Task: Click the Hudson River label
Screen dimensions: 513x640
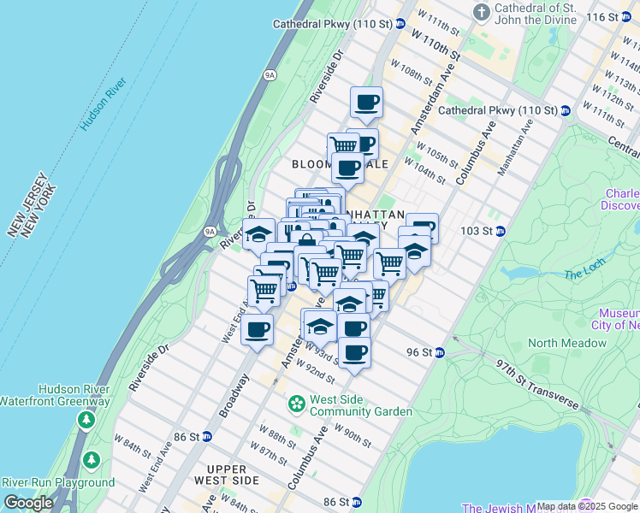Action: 104,103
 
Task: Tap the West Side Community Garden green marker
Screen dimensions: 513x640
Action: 297,403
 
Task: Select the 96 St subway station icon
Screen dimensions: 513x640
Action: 440,352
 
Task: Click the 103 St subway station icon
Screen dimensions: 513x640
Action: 501,231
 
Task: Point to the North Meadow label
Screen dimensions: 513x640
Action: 567,343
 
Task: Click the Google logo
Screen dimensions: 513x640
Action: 27,503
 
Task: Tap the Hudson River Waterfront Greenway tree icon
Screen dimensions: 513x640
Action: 86,420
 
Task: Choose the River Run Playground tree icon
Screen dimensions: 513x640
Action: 91,462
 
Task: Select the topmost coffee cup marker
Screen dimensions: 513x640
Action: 366,103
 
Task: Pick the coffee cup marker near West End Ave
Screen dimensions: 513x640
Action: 257,328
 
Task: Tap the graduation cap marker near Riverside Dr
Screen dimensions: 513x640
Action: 258,233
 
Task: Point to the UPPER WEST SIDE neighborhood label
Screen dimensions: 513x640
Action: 233,475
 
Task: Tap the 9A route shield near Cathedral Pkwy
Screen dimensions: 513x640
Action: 270,75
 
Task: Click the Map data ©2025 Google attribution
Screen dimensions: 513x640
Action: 586,506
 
